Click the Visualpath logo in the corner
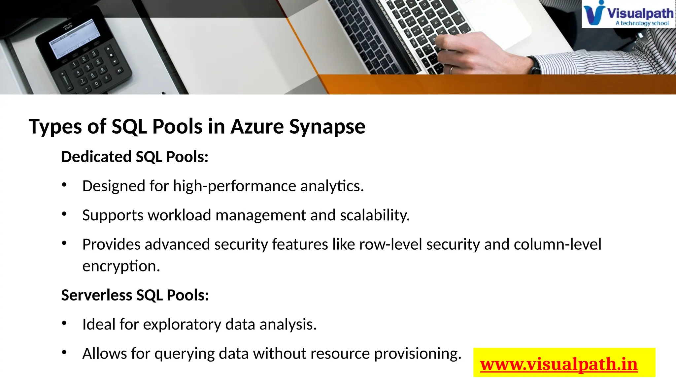point(628,14)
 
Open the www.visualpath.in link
point(559,364)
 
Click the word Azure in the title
point(257,127)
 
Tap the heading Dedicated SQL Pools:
point(135,157)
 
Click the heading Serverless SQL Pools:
point(135,295)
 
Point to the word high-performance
point(235,186)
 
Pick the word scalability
point(375,215)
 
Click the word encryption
point(121,266)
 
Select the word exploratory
point(182,325)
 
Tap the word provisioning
point(418,354)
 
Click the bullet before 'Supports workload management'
point(64,214)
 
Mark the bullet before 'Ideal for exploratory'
point(64,323)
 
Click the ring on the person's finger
point(451,70)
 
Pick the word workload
point(180,215)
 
